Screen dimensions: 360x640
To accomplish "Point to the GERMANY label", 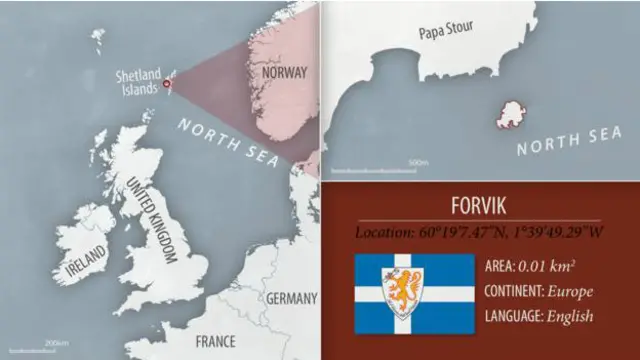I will coord(292,298).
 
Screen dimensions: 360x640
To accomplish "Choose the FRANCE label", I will coord(215,341).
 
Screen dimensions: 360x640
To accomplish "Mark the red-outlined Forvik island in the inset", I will coord(512,114).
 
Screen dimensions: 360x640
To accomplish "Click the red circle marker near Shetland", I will coord(167,85).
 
